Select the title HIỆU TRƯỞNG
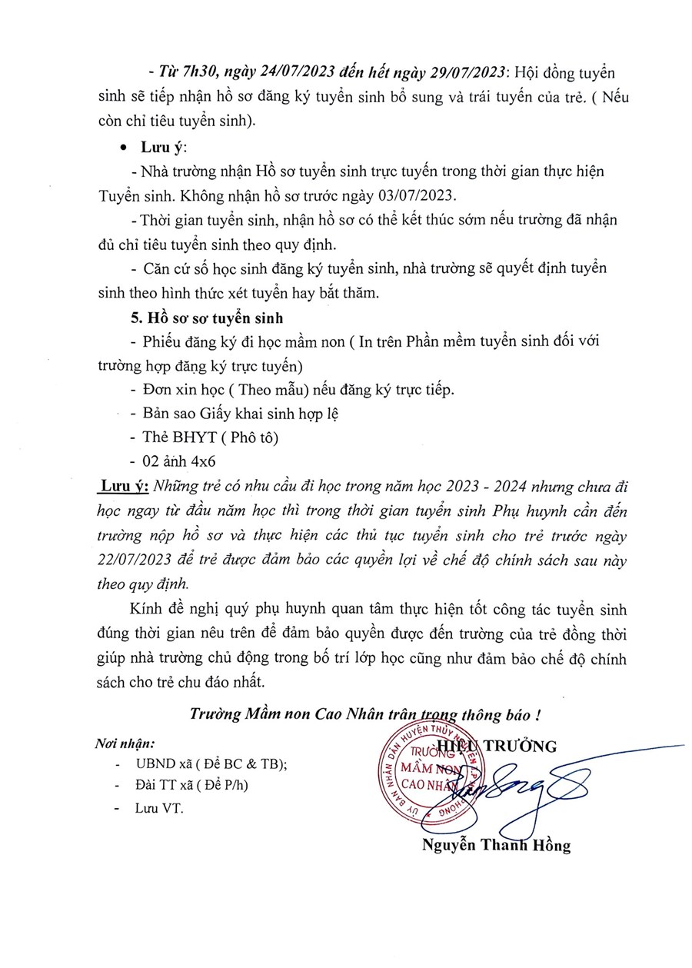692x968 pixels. (496, 744)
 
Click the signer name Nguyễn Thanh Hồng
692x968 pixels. (496, 847)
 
